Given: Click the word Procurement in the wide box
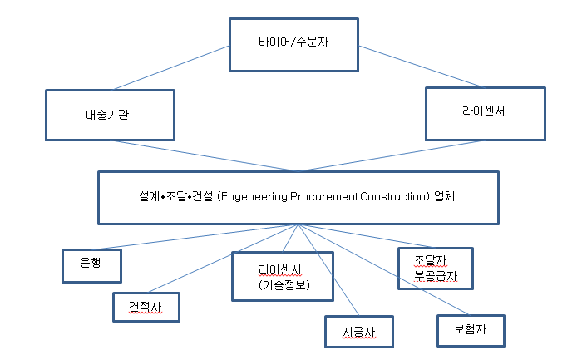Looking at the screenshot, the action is (x=323, y=196).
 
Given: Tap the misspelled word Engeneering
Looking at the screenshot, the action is (x=253, y=196).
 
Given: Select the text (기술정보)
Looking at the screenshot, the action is (x=284, y=284).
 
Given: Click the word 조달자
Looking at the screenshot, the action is (x=431, y=261).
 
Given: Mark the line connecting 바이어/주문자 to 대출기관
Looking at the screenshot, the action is (x=172, y=67).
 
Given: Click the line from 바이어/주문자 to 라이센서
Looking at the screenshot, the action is (x=421, y=67).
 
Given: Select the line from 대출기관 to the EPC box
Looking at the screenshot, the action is (x=204, y=155).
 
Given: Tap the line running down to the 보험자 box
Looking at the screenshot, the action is (x=383, y=270).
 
